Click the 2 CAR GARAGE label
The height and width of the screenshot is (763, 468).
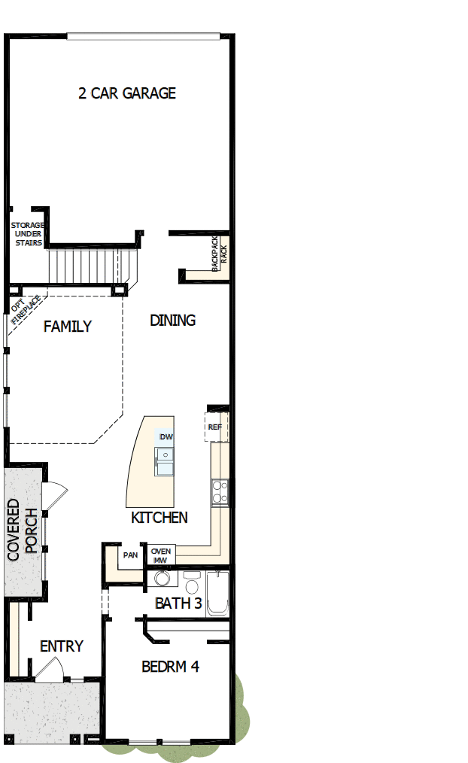(127, 93)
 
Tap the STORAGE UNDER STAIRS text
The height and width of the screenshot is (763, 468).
(28, 234)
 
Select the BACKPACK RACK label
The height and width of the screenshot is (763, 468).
(218, 254)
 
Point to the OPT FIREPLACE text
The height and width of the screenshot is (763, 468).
(26, 313)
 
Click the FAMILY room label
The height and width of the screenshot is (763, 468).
(68, 327)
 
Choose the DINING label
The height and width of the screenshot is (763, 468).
(172, 321)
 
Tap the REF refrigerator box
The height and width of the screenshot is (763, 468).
(215, 427)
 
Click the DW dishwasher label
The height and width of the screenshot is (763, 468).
(166, 437)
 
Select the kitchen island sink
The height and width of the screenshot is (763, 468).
(164, 461)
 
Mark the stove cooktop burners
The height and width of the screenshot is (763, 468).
(220, 492)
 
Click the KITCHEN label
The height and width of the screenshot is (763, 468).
(160, 518)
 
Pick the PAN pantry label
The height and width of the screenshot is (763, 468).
(130, 556)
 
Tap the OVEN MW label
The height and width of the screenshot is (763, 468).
(161, 556)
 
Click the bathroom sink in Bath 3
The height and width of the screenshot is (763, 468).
(161, 579)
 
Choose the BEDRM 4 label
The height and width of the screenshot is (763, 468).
(171, 667)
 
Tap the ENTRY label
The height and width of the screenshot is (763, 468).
(62, 646)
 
